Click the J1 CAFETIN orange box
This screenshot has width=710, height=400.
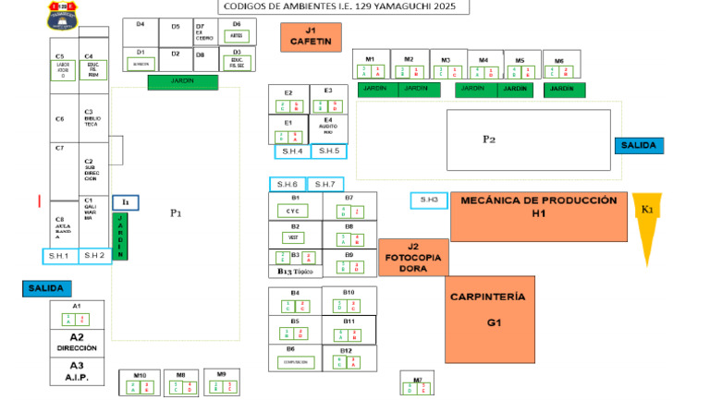[x=311, y=36]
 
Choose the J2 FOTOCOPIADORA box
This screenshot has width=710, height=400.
[x=413, y=257]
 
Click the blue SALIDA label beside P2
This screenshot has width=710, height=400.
[x=638, y=145]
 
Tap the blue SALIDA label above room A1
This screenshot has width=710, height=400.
[x=46, y=288]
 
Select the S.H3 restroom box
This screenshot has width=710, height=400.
[x=428, y=200]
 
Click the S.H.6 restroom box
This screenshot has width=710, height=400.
[x=287, y=184]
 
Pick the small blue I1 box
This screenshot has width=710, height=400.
[x=125, y=201]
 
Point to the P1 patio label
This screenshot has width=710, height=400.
[x=176, y=213]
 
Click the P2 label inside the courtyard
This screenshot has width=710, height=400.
[x=489, y=139]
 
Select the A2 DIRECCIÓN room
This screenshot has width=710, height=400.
[x=77, y=342]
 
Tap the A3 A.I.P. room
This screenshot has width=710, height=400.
[x=77, y=370]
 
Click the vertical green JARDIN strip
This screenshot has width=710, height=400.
[x=119, y=236]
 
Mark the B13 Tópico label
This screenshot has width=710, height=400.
[x=295, y=272]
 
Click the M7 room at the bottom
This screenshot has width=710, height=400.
[x=417, y=383]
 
